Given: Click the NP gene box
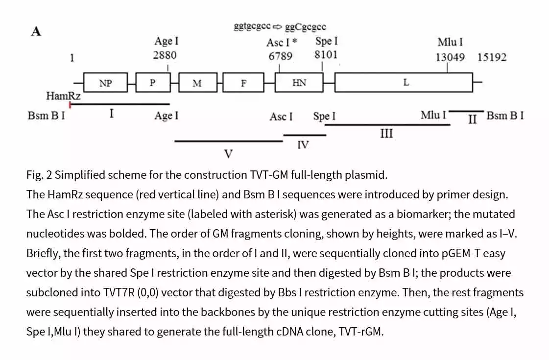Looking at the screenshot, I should (105, 83).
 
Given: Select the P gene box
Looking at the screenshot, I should (152, 83).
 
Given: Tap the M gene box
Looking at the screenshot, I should (197, 83).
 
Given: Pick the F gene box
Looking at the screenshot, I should (243, 83).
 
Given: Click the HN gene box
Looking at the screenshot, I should (299, 83).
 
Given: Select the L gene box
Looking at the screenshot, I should (405, 83).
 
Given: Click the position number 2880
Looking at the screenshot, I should (165, 55).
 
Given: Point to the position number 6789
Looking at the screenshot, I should (280, 56).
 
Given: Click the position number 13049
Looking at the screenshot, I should (450, 57).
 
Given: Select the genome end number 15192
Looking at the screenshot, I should (492, 57).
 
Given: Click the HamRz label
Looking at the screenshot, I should (63, 96).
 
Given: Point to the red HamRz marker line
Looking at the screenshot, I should (71, 104).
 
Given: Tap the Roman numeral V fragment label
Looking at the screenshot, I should (228, 155).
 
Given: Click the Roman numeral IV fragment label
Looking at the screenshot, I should (303, 144).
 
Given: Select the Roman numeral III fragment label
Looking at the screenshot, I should (386, 133).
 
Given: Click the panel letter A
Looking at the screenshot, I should (36, 32).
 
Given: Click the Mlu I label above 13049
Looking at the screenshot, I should (450, 42).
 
